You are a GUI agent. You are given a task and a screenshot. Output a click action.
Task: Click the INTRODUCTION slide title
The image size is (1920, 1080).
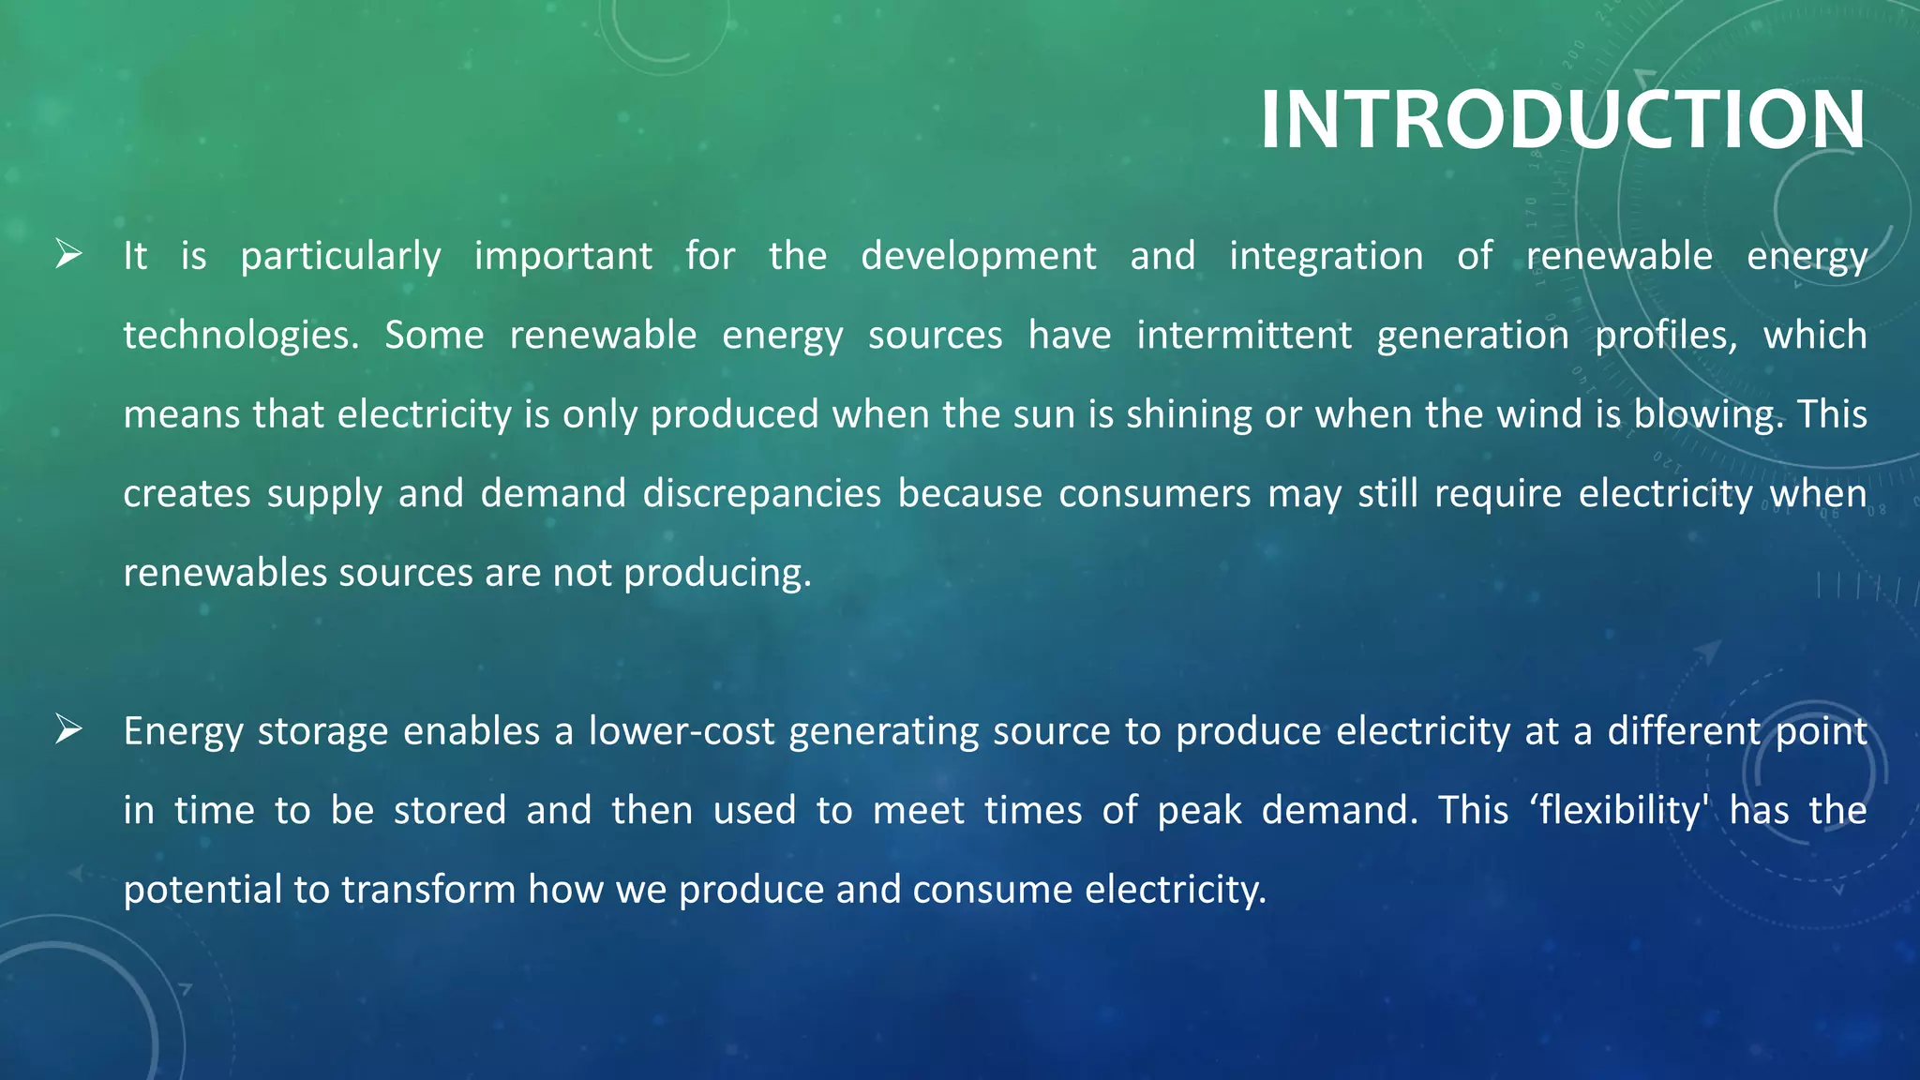click(1562, 119)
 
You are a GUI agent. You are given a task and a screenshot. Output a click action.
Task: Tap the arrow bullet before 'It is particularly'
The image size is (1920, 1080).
click(68, 254)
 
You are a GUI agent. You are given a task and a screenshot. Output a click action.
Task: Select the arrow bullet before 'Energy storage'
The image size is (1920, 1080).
click(68, 728)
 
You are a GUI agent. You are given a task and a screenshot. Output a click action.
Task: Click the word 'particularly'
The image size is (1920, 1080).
click(340, 257)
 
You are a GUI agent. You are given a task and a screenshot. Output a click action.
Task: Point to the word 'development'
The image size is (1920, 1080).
click(978, 257)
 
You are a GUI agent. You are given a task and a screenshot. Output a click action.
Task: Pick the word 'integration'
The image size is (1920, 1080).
click(1326, 257)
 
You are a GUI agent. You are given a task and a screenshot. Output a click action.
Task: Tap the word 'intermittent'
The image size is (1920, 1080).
click(1244, 336)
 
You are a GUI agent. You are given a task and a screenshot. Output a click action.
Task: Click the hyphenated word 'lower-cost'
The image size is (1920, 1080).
click(682, 731)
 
